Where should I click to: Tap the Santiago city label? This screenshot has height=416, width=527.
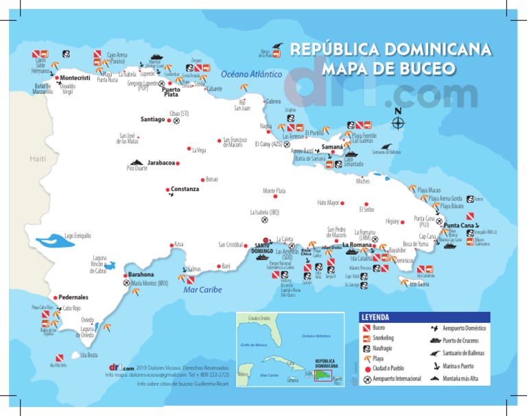(152, 119)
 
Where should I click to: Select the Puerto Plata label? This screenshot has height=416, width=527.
(170, 92)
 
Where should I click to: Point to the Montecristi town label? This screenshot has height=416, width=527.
(75, 78)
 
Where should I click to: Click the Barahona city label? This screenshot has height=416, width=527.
(141, 274)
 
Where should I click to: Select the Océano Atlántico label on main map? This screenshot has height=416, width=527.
(252, 73)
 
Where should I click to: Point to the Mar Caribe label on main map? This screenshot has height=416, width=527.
(202, 290)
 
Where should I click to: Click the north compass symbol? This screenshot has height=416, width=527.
(397, 121)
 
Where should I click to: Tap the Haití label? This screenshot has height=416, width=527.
(37, 159)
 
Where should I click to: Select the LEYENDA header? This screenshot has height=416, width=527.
(375, 317)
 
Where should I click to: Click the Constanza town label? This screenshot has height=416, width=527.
(185, 189)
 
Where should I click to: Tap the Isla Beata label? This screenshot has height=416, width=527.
(89, 355)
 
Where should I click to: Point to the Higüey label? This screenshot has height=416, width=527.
(393, 221)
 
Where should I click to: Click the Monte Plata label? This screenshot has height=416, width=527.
(274, 191)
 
